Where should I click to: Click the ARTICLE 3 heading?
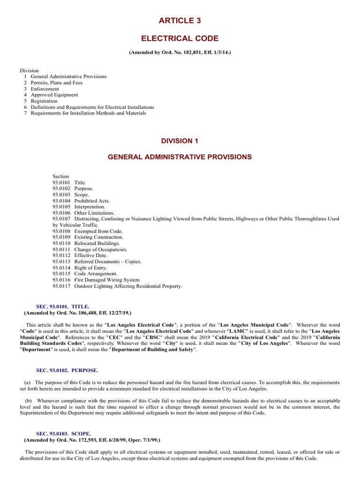tap(180, 21)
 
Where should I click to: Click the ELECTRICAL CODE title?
tap(180, 38)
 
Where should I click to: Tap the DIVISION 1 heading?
tap(180, 141)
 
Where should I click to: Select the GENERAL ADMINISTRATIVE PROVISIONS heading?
tap(180, 157)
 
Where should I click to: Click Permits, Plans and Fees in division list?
tap(56, 82)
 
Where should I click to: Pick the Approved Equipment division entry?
tap(54, 95)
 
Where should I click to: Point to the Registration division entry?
tap(44, 101)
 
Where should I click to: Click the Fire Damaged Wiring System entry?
tap(107, 280)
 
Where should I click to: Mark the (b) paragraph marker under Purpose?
tap(27, 401)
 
